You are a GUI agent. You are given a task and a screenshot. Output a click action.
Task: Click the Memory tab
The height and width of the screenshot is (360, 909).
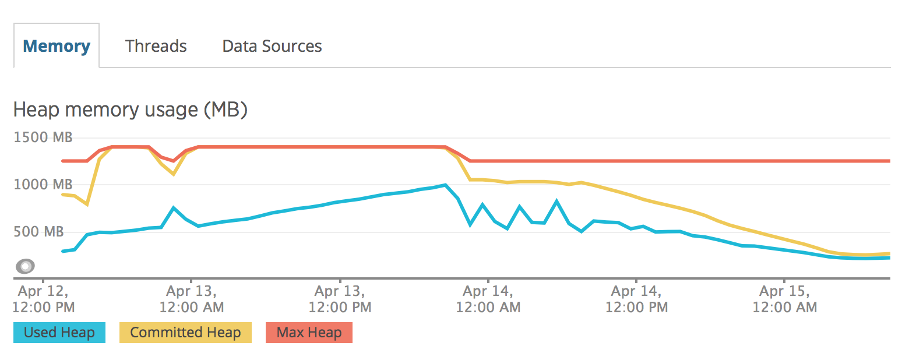pos(57,46)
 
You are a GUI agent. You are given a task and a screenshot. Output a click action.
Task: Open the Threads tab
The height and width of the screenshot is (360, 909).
pos(156,46)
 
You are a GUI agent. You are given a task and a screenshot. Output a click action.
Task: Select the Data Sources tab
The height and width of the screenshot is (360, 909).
pos(272,46)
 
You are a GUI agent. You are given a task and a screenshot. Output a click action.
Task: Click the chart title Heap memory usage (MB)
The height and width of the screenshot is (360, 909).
pos(131,110)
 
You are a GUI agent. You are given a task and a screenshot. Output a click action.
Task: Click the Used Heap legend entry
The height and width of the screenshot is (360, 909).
pos(59,333)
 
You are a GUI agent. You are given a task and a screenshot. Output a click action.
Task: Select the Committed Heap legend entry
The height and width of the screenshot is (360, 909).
pos(185,333)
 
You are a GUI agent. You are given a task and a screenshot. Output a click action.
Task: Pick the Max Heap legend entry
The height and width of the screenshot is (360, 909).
pos(309,333)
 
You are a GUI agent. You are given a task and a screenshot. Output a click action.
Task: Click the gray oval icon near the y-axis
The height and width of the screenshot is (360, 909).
pos(25,266)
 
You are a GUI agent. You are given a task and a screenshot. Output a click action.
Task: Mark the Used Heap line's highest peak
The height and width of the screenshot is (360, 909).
pos(445,185)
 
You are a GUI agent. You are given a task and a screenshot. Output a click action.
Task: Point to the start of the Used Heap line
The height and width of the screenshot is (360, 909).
pos(62,251)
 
